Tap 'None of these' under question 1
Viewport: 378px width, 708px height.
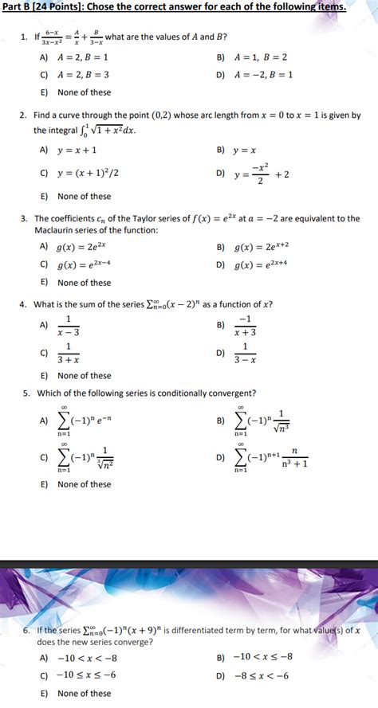(x=84, y=92)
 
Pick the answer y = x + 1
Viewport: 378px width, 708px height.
(x=78, y=150)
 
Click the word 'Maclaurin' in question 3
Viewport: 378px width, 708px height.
(x=57, y=231)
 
